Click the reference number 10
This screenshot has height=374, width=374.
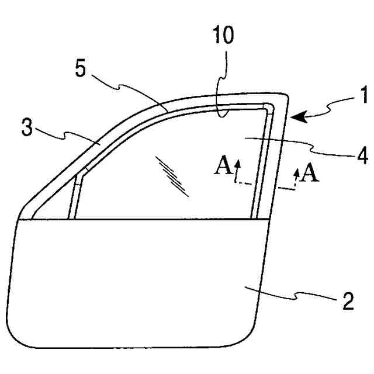click(223, 36)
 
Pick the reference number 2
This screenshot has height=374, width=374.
click(347, 303)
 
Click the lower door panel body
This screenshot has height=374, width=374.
click(134, 280)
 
